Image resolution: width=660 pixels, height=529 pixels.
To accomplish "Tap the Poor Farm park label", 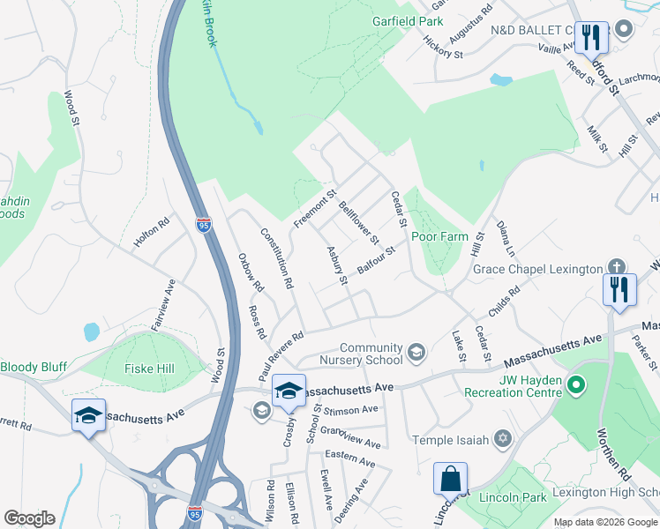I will click(439, 236).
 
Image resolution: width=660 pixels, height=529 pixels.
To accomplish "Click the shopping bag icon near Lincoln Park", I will click(450, 481).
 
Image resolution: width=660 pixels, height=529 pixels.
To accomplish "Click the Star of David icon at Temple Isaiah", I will click(502, 438).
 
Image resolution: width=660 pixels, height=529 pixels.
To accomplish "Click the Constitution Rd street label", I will click(276, 259).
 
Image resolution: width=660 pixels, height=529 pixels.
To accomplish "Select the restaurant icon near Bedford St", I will click(591, 38).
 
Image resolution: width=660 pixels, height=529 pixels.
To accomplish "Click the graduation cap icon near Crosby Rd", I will click(289, 391).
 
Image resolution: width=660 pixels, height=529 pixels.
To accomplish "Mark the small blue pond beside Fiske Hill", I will click(92, 332).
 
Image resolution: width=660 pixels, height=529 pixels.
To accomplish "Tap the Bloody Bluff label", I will click(34, 367).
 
